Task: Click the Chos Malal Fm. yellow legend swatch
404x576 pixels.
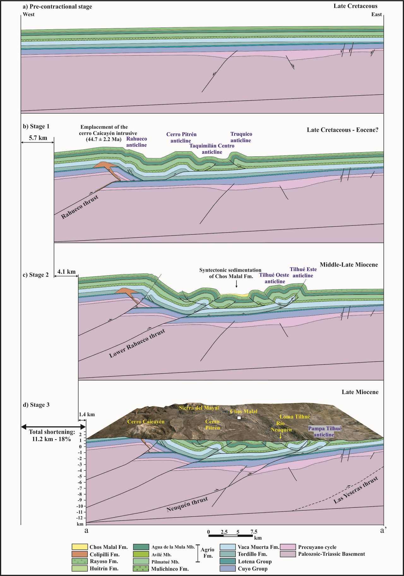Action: click(x=80, y=547)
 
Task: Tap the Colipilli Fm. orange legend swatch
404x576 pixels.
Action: click(x=80, y=554)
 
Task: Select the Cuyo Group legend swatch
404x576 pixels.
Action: click(x=228, y=568)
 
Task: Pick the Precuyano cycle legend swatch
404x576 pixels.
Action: click(x=288, y=547)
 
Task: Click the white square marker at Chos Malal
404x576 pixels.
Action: click(x=239, y=418)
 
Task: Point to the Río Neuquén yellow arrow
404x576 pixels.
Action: click(x=281, y=436)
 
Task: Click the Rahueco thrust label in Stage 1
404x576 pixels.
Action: click(x=80, y=207)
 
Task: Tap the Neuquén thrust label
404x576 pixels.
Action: click(x=187, y=504)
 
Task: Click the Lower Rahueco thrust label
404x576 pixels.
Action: click(x=137, y=344)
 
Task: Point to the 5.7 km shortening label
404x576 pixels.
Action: click(x=38, y=138)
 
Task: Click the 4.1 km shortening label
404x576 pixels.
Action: click(x=66, y=272)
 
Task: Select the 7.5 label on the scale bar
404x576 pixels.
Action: click(x=254, y=532)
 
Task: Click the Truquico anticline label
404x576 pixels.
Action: click(x=241, y=137)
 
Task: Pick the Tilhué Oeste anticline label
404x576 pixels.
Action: click(x=274, y=278)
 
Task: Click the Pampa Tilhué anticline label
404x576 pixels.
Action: click(x=324, y=431)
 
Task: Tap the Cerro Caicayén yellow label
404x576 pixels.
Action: click(x=146, y=422)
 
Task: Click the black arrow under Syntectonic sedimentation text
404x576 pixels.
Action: click(x=236, y=284)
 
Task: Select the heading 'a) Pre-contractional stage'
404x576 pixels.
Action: click(x=57, y=7)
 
